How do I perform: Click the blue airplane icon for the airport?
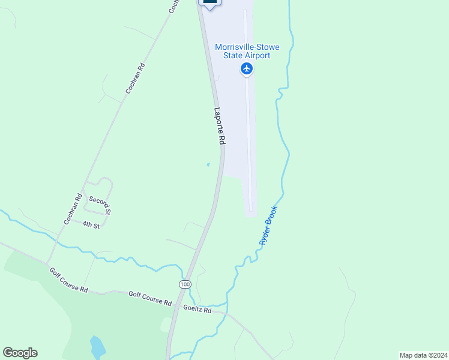(247, 69)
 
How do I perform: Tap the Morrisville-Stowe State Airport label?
(247, 51)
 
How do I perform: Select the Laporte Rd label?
(220, 125)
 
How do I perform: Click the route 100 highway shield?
(184, 283)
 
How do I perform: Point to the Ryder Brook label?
(268, 225)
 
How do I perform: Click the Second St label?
(100, 204)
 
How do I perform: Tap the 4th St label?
(91, 224)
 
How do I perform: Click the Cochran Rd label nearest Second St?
(71, 209)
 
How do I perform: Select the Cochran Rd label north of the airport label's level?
(136, 78)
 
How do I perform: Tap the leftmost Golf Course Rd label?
(68, 280)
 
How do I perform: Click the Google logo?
(20, 353)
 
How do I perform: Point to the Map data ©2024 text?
(423, 355)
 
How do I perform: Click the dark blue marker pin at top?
(209, 3)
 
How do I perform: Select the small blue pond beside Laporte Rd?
(208, 164)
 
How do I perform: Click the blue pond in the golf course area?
(96, 347)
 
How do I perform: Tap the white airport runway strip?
(248, 120)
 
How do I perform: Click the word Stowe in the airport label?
(265, 47)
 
